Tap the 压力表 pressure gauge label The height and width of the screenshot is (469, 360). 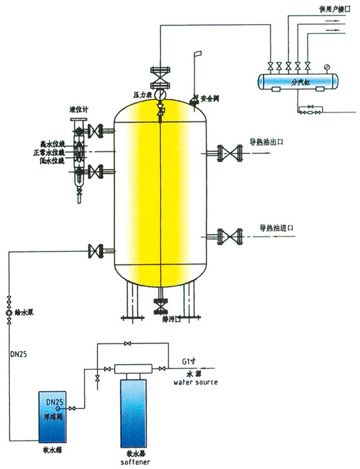(143, 94)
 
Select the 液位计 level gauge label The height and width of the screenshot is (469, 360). (77, 110)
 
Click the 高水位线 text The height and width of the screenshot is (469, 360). (51, 143)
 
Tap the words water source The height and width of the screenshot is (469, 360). (196, 382)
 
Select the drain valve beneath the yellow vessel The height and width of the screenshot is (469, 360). (160, 307)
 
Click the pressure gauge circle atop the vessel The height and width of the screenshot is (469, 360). (160, 96)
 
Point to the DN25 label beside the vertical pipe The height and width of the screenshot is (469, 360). (19, 355)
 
